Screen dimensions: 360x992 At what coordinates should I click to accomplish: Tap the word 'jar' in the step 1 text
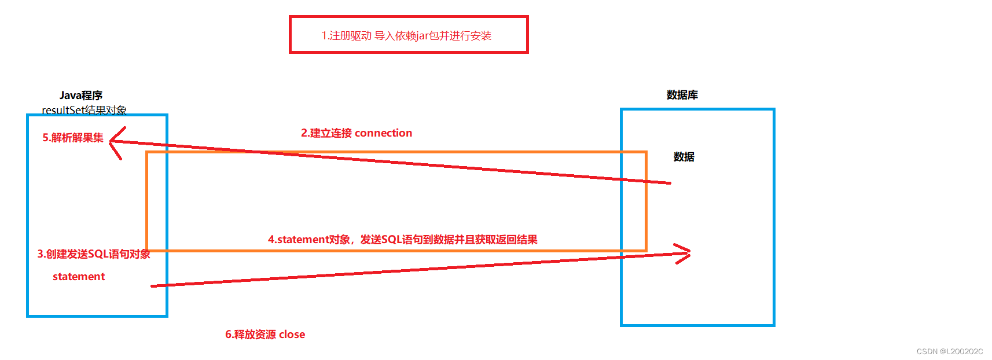[422, 36]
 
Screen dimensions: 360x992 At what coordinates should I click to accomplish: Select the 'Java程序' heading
[80, 95]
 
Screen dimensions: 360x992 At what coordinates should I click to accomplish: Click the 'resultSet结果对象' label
[84, 110]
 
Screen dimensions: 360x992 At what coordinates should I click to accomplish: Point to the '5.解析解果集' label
[73, 138]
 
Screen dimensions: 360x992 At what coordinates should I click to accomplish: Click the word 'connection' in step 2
[384, 133]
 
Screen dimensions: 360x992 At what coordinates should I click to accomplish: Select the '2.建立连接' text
[326, 133]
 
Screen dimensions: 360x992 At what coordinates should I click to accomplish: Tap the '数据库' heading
[682, 95]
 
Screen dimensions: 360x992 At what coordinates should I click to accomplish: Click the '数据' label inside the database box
[684, 157]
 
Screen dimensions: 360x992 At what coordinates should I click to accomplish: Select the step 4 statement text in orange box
[402, 240]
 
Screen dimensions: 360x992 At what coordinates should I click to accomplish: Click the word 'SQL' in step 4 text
[391, 240]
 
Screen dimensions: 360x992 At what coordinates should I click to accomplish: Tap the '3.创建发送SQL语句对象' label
[94, 254]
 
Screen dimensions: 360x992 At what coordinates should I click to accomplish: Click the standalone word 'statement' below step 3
[79, 277]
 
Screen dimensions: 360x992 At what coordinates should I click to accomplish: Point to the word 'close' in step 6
[292, 335]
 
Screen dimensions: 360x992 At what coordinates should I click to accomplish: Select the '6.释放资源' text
[251, 335]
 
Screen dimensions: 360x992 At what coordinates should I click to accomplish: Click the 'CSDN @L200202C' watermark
[949, 351]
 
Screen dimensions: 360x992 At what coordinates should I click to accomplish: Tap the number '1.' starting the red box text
[325, 36]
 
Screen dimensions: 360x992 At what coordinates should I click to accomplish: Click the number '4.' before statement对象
[272, 240]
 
